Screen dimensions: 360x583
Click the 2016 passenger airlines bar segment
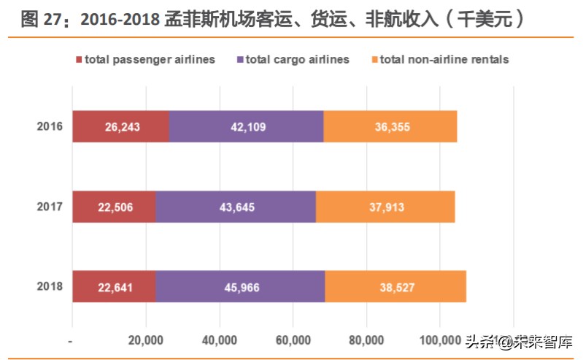point(120,127)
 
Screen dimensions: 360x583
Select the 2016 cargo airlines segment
point(246,127)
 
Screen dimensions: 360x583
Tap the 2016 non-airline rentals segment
point(390,127)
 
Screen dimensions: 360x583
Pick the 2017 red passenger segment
point(114,207)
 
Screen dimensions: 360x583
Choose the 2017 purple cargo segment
point(236,207)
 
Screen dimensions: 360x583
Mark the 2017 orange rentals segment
point(385,207)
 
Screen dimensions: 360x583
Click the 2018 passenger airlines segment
point(114,287)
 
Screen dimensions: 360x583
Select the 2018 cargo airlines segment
point(240,287)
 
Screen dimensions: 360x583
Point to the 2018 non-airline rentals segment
point(395,287)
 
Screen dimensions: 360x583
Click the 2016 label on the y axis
point(50,127)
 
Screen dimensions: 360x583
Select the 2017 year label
point(50,207)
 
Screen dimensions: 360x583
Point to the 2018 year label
point(50,287)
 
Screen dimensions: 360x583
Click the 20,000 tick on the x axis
point(145,340)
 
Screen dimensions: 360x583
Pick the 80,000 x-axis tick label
point(366,340)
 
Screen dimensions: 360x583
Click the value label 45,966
point(240,287)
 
